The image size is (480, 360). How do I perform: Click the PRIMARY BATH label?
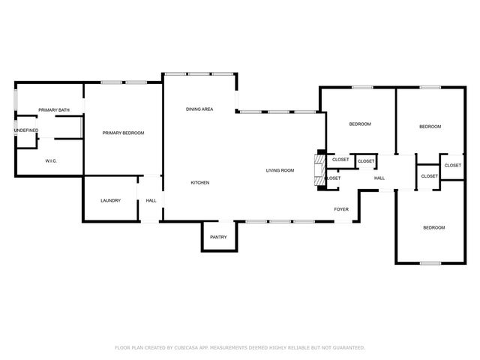(54, 110)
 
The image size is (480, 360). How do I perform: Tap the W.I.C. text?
(51, 160)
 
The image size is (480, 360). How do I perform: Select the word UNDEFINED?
(25, 130)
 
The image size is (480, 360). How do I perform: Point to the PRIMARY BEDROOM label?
(123, 133)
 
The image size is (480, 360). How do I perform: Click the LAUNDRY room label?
(110, 200)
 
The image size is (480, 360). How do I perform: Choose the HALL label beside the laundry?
(151, 200)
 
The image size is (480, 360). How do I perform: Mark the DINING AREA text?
(199, 109)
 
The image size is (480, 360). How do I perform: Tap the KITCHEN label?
(199, 182)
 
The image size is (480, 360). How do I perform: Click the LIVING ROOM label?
(280, 170)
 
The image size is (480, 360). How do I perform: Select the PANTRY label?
(218, 237)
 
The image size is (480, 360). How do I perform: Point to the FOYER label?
(341, 209)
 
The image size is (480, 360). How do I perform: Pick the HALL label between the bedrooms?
(379, 178)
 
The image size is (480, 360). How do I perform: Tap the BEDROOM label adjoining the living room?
(359, 124)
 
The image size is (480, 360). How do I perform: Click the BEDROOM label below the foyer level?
(433, 227)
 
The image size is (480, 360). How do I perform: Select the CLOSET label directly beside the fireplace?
(340, 160)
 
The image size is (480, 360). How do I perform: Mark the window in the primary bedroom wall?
(124, 82)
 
